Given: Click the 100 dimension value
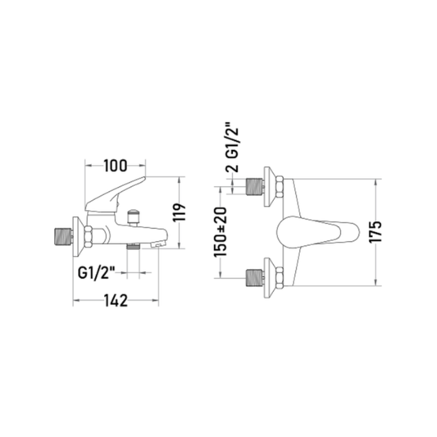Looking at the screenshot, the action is (116, 166).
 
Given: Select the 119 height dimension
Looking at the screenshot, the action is (180, 212).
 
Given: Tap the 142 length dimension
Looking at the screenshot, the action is (116, 300).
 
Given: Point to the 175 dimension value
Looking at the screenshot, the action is (376, 232).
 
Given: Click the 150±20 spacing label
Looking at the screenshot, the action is (221, 232).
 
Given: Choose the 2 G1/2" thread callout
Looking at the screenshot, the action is (232, 147).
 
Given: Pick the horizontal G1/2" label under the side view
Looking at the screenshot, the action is (97, 272).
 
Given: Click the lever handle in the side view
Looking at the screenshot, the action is (113, 195).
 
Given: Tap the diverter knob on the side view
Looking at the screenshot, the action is (134, 217).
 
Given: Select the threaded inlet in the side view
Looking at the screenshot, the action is (63, 237).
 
